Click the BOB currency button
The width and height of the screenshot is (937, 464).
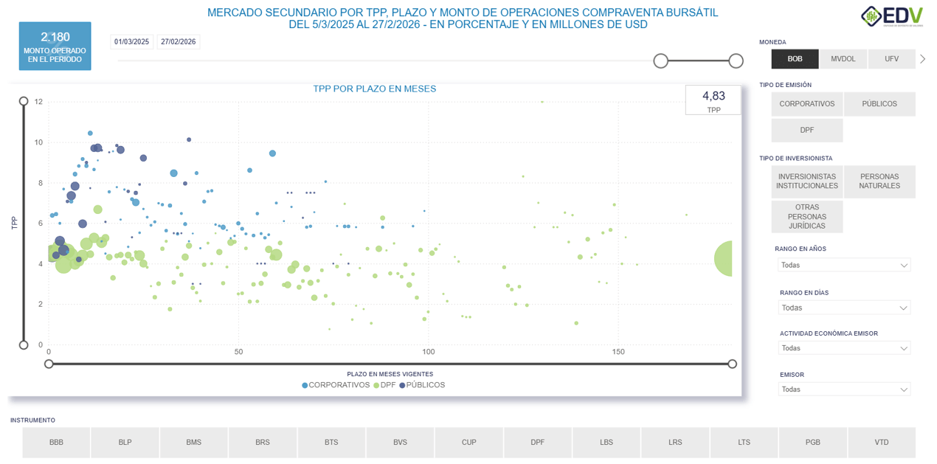(x=795, y=59)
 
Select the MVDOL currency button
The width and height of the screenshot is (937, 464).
(x=843, y=59)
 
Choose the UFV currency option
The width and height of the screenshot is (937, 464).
(x=891, y=59)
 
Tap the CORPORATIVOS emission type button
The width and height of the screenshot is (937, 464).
(x=806, y=104)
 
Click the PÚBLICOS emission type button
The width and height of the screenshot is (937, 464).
(x=879, y=104)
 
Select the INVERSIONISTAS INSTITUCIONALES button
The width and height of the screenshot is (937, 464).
(x=807, y=181)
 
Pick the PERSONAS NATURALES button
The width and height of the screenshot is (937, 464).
(x=879, y=181)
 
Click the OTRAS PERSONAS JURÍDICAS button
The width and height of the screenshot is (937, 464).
(x=807, y=217)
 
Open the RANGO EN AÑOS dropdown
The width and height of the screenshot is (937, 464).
(x=844, y=265)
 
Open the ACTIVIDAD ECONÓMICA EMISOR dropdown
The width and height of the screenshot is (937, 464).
(x=844, y=348)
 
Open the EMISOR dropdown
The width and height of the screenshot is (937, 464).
(x=844, y=389)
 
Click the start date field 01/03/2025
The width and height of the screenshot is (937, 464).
(x=132, y=42)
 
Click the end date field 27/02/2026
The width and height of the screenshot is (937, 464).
(x=179, y=42)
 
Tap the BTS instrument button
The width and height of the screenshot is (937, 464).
(x=331, y=443)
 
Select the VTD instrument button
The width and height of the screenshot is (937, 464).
(x=881, y=443)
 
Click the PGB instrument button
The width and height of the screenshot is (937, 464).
(x=812, y=443)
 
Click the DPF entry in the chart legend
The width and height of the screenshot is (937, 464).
(x=387, y=385)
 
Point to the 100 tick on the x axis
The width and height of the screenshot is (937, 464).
(x=428, y=353)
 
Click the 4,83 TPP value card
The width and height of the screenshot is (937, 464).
(x=713, y=100)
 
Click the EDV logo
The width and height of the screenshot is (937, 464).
(x=891, y=16)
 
